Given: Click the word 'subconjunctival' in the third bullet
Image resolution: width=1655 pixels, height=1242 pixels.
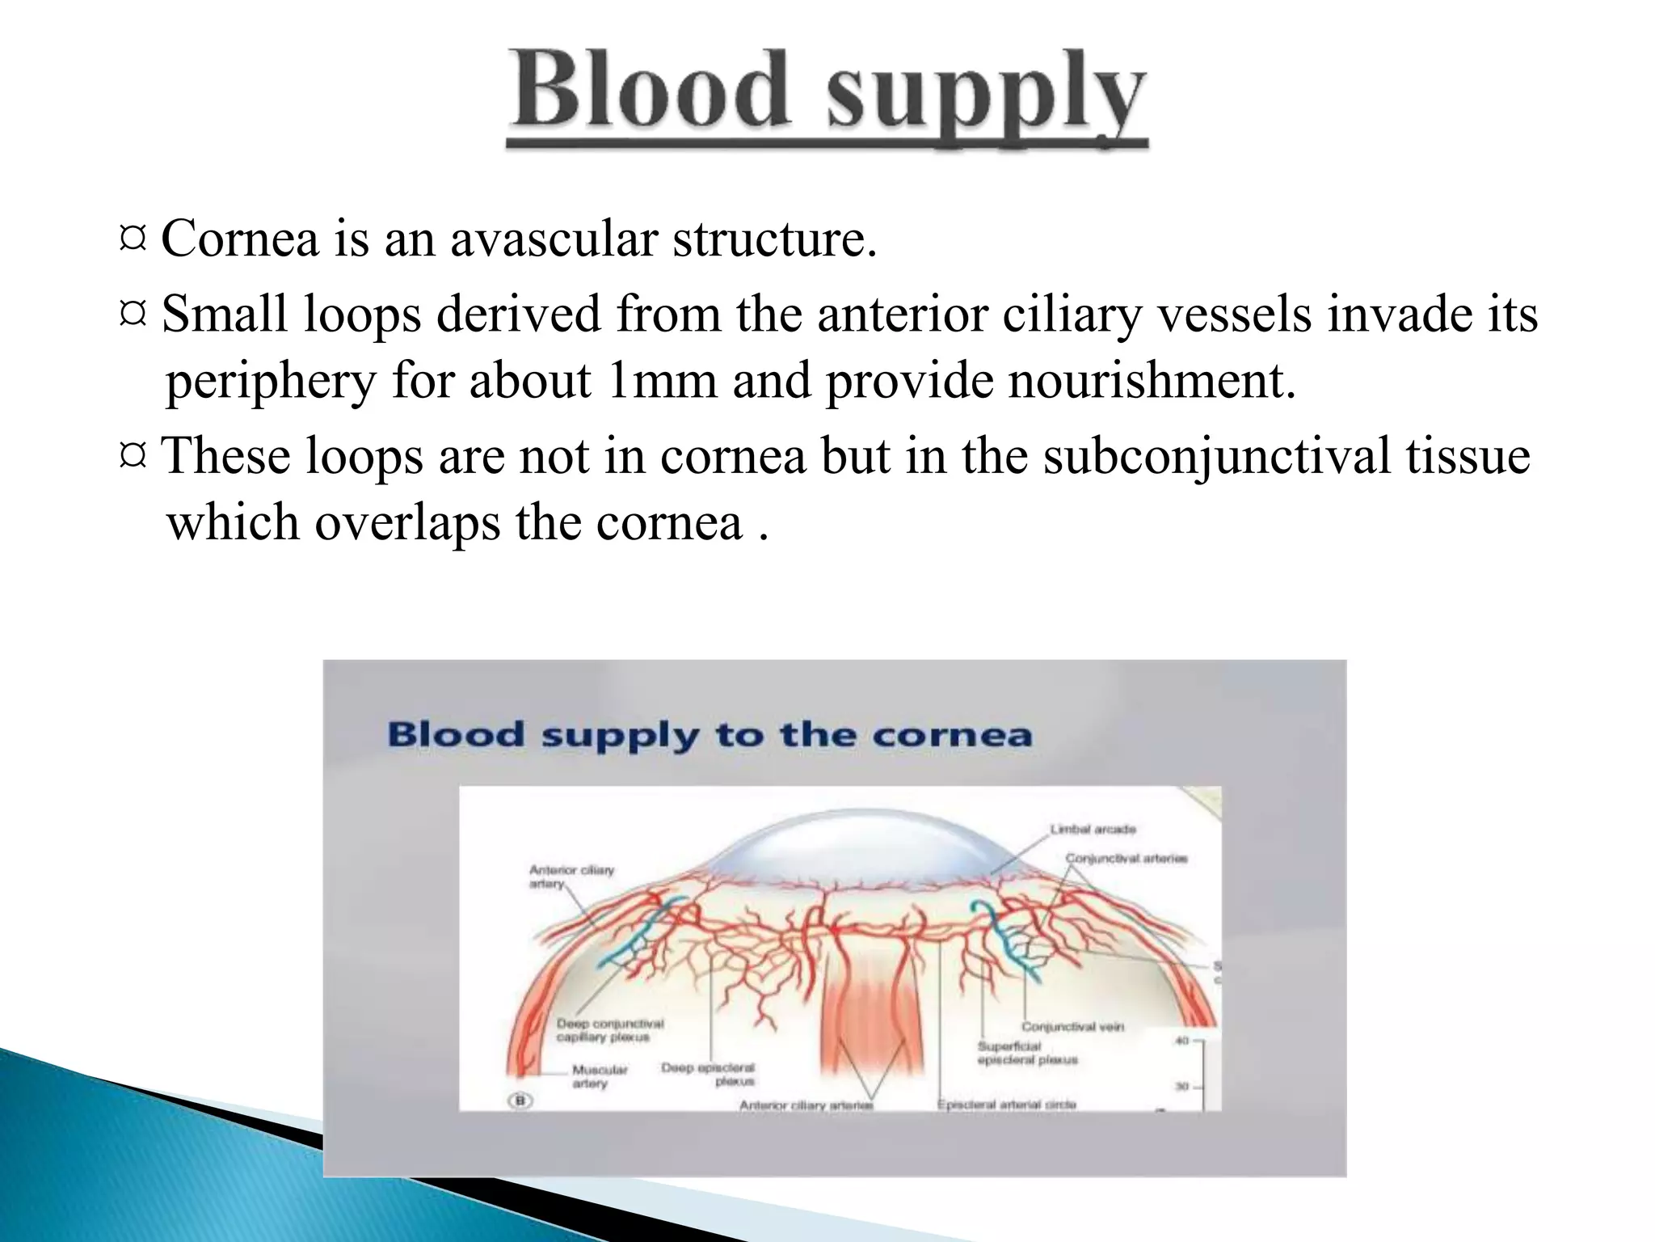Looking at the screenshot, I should [1216, 456].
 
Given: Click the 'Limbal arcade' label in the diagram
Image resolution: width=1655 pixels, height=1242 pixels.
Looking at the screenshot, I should [1093, 829].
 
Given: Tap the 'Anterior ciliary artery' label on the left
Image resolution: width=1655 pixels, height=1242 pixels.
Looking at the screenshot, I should [571, 877].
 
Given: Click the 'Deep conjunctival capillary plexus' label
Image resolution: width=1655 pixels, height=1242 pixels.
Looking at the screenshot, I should [609, 1030].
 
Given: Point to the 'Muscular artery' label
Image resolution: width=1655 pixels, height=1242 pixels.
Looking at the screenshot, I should [599, 1076].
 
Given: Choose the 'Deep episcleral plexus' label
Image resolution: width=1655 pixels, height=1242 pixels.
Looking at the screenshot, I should [708, 1074].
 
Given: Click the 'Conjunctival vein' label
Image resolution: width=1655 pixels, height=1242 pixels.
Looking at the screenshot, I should [1072, 1026].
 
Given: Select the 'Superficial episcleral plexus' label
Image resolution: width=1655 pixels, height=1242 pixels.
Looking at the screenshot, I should [1026, 1053].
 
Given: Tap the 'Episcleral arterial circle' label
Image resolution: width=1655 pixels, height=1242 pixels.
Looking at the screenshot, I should [1006, 1105].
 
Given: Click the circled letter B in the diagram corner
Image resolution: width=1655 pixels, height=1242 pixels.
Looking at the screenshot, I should [520, 1100].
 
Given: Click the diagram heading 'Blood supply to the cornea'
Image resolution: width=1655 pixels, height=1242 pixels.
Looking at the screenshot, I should [710, 735].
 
